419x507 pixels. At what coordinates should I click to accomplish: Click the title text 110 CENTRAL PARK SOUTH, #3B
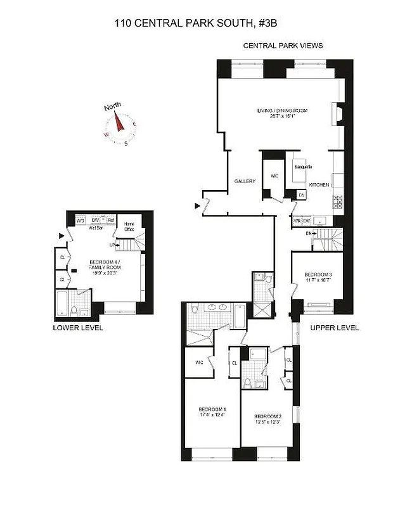click(x=197, y=23)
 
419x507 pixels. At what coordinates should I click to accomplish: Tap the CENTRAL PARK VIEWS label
click(x=283, y=46)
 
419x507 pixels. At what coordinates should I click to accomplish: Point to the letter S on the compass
click(x=126, y=144)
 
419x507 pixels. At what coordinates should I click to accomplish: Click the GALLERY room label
click(x=245, y=182)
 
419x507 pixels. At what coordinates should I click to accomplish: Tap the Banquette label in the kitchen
click(x=302, y=167)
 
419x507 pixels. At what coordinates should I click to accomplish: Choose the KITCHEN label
click(x=319, y=184)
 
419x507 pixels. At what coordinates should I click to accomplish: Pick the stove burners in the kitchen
click(x=338, y=202)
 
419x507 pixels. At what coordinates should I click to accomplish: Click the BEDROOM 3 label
click(x=317, y=274)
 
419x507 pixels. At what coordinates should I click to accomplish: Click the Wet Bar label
click(x=96, y=228)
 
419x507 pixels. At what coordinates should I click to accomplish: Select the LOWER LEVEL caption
click(x=78, y=328)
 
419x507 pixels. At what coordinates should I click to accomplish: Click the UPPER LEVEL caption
click(x=335, y=328)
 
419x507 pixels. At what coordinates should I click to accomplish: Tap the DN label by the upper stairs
click(x=309, y=234)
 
